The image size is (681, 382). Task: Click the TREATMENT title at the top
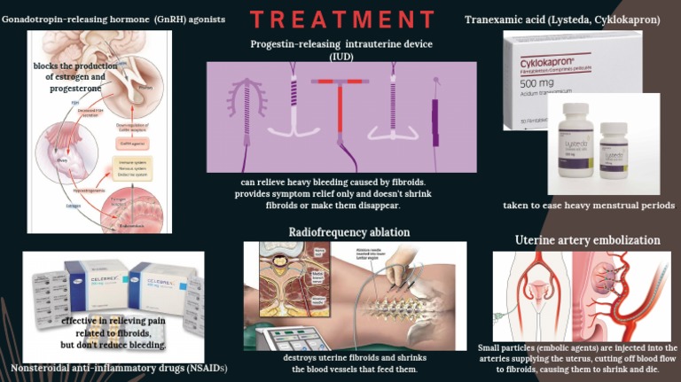point(341,19)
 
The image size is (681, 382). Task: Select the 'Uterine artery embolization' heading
point(587,240)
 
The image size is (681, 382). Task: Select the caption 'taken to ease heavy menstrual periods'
point(589,205)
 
